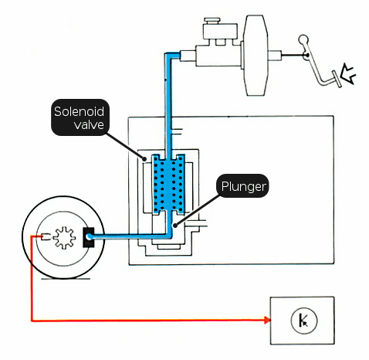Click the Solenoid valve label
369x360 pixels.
click(80, 117)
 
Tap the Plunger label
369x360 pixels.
click(242, 186)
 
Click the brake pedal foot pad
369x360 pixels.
click(337, 79)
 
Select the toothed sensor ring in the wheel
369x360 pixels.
click(64, 237)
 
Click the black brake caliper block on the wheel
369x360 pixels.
click(89, 237)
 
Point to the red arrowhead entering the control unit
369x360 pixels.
click(267, 320)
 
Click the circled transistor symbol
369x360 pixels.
click(304, 321)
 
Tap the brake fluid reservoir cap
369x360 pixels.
click(212, 20)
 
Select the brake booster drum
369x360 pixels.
click(256, 55)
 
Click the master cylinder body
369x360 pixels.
click(218, 56)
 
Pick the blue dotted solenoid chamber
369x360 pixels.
click(168, 185)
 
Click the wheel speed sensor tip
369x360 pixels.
click(46, 236)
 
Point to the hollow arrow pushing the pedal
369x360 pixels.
click(348, 74)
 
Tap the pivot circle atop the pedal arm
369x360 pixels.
click(303, 39)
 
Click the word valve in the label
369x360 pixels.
click(89, 124)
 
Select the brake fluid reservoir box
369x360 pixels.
click(220, 32)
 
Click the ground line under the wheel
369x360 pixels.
click(66, 279)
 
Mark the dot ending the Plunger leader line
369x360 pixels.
click(175, 226)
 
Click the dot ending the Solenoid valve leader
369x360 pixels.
click(145, 159)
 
